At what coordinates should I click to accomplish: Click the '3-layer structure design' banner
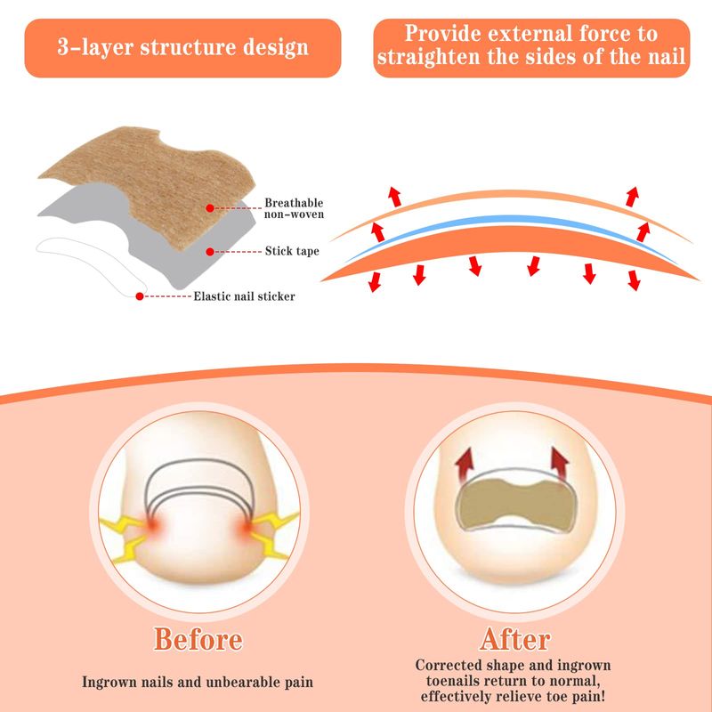pyautogui.click(x=182, y=48)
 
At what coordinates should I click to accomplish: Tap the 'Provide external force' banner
pyautogui.click(x=531, y=48)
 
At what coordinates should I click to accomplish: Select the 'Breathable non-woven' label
pyautogui.click(x=294, y=208)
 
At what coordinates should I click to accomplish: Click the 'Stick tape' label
pyautogui.click(x=292, y=251)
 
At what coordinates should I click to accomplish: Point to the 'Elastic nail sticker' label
pyautogui.click(x=244, y=296)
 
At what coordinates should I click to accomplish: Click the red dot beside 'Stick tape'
pyautogui.click(x=210, y=252)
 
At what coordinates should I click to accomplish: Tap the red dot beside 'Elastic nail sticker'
pyautogui.click(x=140, y=296)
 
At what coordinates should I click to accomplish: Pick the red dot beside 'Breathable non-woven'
pyautogui.click(x=210, y=208)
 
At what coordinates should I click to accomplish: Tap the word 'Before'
pyautogui.click(x=198, y=639)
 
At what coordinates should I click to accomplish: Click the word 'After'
pyautogui.click(x=515, y=639)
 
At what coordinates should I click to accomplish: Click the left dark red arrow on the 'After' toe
pyautogui.click(x=465, y=463)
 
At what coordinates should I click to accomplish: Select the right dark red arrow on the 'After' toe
pyautogui.click(x=560, y=463)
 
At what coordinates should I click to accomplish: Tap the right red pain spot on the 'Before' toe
pyautogui.click(x=247, y=528)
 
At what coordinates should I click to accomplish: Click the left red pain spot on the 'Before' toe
pyautogui.click(x=152, y=525)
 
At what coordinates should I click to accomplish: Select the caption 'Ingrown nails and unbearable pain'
pyautogui.click(x=198, y=682)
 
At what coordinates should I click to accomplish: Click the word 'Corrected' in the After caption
pyautogui.click(x=449, y=665)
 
